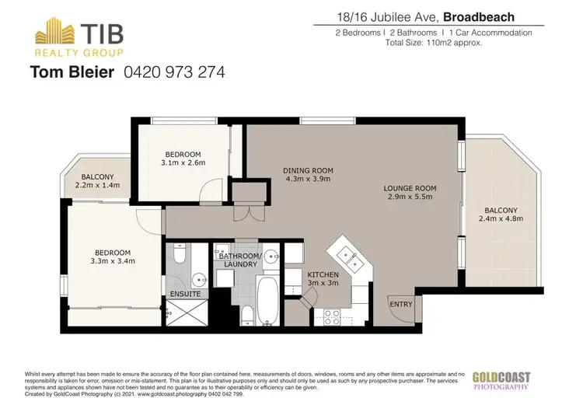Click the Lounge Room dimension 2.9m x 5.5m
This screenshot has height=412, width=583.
click(410, 197)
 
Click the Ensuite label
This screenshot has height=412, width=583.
click(186, 295)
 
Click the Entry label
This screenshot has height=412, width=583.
click(401, 304)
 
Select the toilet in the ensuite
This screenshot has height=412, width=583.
click(178, 254)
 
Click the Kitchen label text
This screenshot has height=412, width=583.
click(323, 275)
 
